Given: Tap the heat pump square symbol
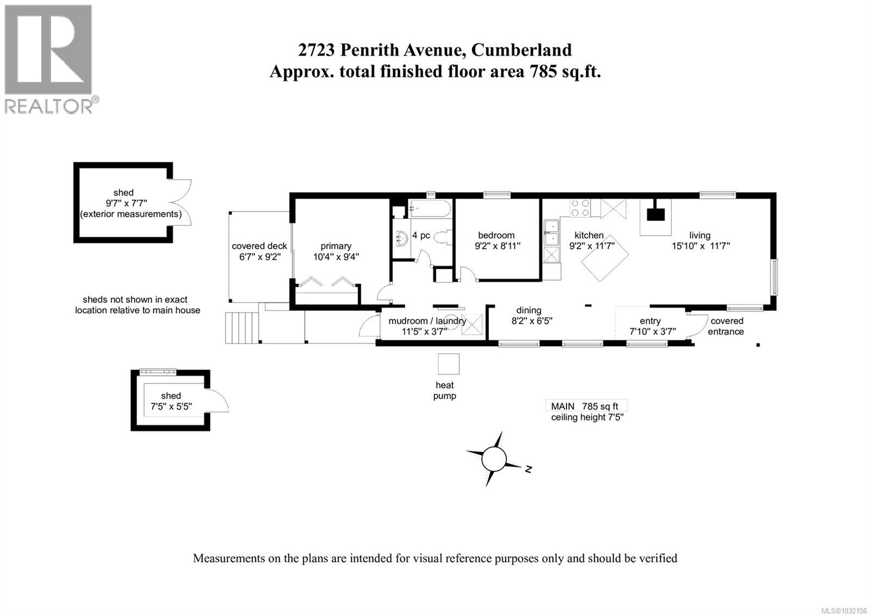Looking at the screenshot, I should coord(449,364).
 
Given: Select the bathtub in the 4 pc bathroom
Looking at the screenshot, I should coord(430,208).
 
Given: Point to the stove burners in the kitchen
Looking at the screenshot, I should coord(580,208).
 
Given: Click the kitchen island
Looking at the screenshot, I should coord(605,258).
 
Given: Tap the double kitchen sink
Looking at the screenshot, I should coord(552,233).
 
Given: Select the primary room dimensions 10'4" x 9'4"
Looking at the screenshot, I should coord(335,257).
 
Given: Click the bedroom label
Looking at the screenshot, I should coord(496,235).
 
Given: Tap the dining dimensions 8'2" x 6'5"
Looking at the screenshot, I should coord(532,321).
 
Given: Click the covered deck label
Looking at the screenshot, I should coord(259,246).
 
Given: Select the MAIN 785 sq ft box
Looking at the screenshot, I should coord(586,406).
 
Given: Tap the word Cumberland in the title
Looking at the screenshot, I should coord(521,50).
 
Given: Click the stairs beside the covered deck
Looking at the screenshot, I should coord(241,327).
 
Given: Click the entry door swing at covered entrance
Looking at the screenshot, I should coord(697,327).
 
